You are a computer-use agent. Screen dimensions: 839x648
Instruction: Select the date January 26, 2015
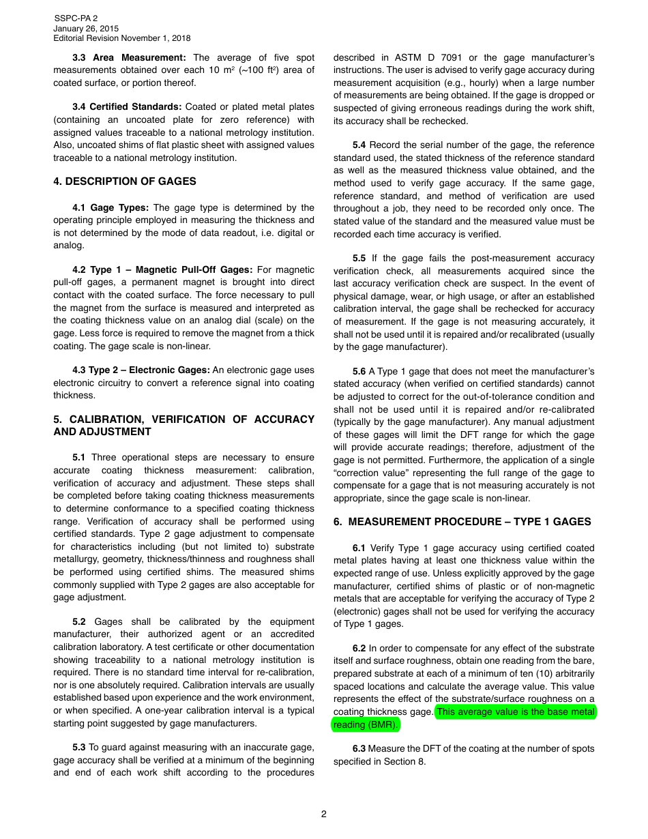(x=85, y=29)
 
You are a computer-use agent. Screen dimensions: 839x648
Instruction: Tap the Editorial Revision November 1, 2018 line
(x=121, y=39)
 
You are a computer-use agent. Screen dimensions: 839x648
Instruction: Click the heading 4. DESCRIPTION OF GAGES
(x=125, y=181)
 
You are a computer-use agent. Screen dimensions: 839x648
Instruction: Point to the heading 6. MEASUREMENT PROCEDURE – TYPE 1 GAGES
(x=462, y=522)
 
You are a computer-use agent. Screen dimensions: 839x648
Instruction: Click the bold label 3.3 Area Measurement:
(x=129, y=57)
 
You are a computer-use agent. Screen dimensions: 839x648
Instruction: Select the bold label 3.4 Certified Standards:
(x=127, y=107)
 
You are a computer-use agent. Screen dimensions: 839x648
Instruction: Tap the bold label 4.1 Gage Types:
(x=110, y=208)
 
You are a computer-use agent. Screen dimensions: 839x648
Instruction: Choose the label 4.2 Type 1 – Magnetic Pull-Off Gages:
(x=162, y=270)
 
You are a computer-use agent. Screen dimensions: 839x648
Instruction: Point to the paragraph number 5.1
(x=79, y=458)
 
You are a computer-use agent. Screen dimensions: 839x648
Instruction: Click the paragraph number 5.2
(x=79, y=622)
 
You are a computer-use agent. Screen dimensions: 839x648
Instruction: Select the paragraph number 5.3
(x=79, y=748)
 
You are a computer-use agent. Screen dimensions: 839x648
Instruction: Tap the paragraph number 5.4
(x=359, y=145)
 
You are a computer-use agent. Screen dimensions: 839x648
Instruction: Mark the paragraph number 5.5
(x=359, y=259)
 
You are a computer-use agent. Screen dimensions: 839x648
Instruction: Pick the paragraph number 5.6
(x=359, y=372)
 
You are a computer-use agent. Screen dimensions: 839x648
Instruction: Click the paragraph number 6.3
(x=359, y=749)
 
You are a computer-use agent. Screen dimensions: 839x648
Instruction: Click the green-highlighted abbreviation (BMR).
(x=383, y=725)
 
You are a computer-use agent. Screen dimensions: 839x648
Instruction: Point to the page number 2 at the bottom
(x=324, y=814)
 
